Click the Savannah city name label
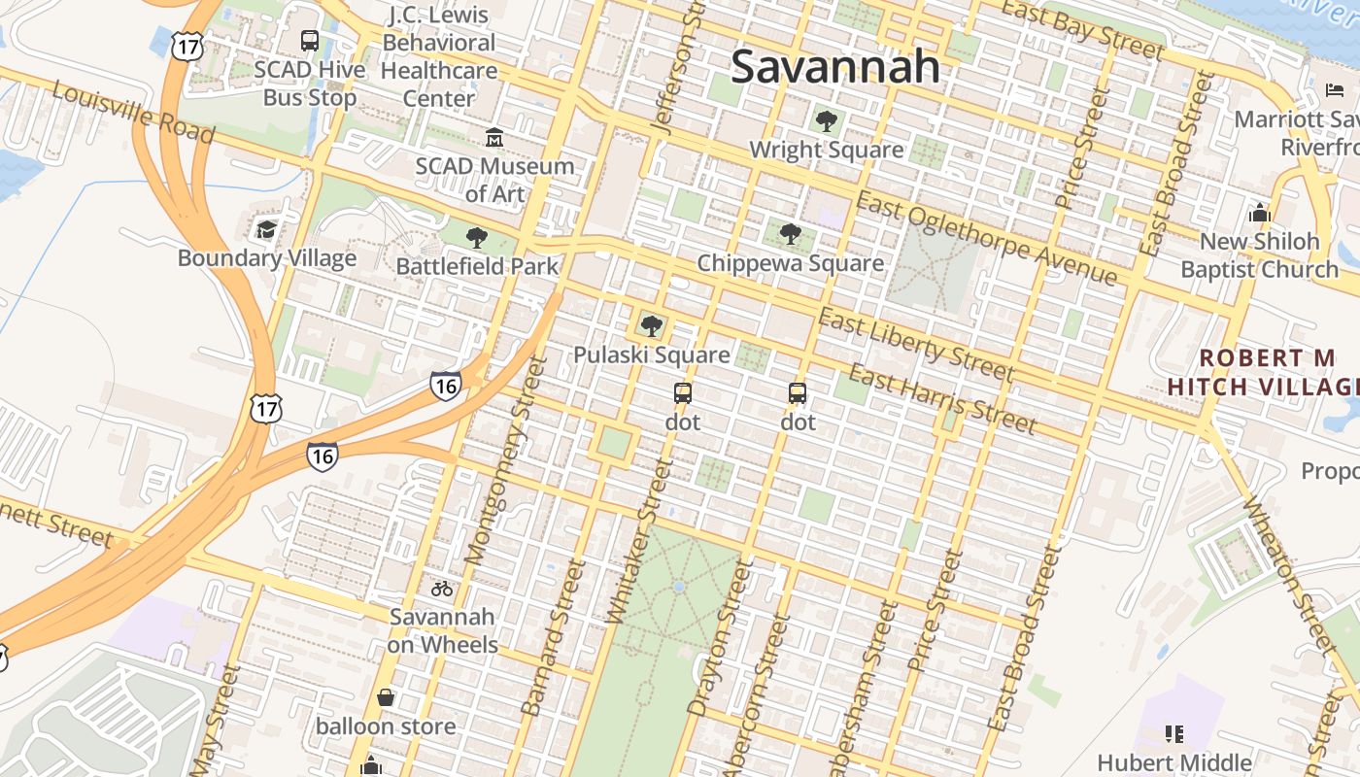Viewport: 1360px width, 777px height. tap(835, 67)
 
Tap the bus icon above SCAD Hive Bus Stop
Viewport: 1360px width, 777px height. tap(310, 41)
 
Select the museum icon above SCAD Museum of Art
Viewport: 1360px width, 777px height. tap(494, 137)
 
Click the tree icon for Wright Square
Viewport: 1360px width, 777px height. tap(826, 121)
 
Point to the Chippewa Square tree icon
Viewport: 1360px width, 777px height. tap(791, 234)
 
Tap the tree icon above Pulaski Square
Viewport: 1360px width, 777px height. tap(651, 325)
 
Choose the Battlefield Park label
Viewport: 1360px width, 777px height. tap(477, 265)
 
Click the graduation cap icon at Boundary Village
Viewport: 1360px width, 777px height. tap(266, 230)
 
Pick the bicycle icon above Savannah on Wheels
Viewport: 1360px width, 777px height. tap(442, 588)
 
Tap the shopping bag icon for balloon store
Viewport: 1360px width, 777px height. tap(386, 697)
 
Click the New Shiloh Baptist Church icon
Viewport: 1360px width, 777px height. tap(1260, 213)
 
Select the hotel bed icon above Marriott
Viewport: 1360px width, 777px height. tap(1335, 90)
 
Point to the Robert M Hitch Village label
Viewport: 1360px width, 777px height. tap(1264, 372)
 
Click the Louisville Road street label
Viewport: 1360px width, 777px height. tap(132, 113)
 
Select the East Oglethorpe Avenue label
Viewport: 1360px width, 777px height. tap(986, 238)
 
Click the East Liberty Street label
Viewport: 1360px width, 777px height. tap(915, 346)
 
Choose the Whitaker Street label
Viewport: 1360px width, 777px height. tap(638, 541)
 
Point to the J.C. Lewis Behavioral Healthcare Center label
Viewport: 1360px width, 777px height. tap(438, 56)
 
